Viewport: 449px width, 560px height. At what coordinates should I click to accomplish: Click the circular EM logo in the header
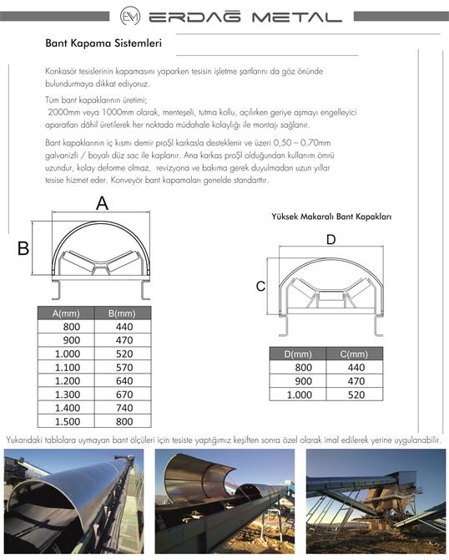click(x=130, y=17)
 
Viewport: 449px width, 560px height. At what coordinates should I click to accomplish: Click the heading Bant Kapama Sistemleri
click(x=103, y=43)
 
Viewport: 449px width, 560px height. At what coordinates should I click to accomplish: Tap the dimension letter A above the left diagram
click(x=102, y=204)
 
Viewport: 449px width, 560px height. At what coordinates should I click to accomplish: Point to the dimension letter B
click(x=23, y=248)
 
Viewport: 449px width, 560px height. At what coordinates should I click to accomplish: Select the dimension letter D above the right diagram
click(x=331, y=239)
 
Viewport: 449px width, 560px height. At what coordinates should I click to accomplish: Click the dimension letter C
click(x=260, y=286)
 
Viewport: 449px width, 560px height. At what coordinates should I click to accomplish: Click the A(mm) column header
click(x=66, y=313)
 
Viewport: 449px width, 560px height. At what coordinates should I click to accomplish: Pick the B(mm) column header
click(x=123, y=313)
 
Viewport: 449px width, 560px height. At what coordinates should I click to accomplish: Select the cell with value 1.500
click(x=68, y=421)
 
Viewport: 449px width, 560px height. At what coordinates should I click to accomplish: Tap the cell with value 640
click(x=124, y=380)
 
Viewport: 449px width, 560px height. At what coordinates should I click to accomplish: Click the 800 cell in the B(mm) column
click(x=124, y=421)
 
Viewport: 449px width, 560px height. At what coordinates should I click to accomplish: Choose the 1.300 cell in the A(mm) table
click(x=68, y=395)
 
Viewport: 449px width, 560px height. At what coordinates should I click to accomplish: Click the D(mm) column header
click(x=298, y=354)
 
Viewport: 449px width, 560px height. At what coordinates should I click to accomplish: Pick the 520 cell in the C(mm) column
click(x=356, y=395)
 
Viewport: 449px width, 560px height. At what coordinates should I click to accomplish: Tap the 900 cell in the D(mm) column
click(x=304, y=381)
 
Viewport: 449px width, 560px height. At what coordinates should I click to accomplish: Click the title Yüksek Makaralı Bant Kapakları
click(x=331, y=216)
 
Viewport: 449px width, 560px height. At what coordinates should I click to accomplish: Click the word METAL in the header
click(x=297, y=17)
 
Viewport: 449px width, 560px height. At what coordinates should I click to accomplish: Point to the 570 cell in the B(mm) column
click(x=124, y=367)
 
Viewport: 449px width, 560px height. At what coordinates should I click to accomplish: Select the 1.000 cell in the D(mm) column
click(x=300, y=395)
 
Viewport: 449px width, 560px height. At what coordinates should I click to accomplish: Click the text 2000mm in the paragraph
click(x=63, y=112)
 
